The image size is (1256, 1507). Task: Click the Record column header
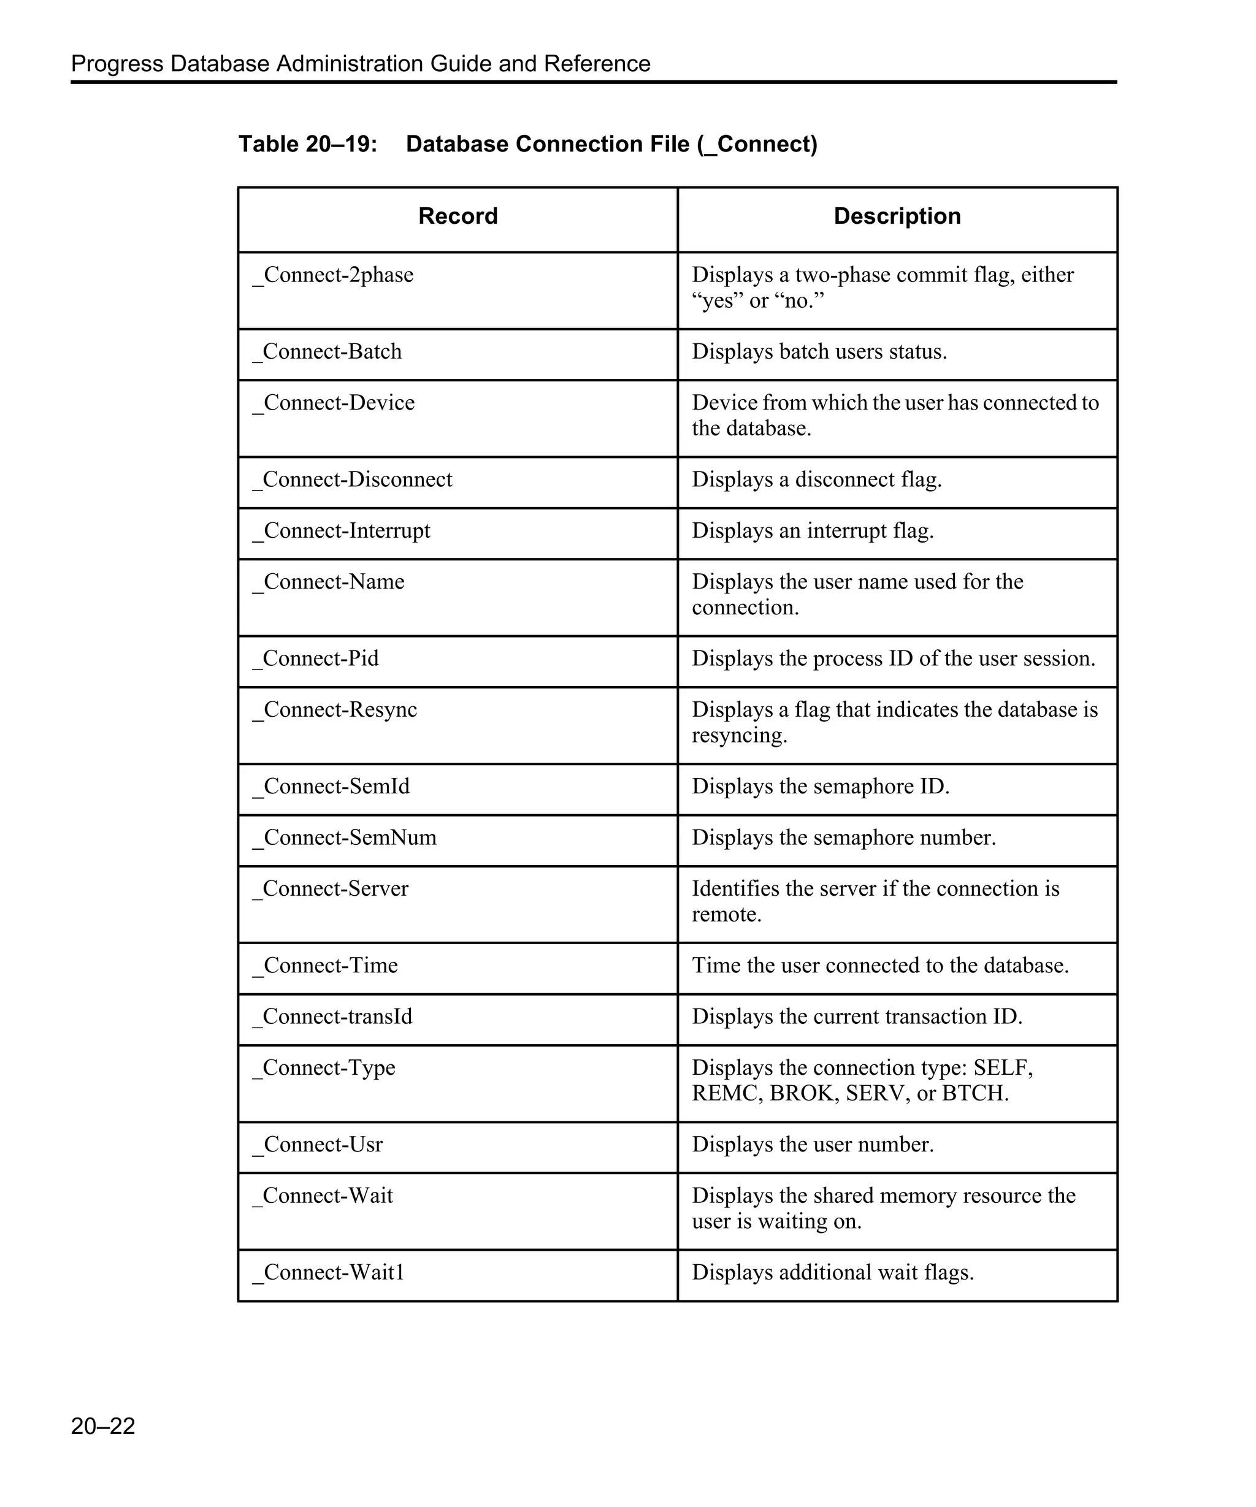click(x=458, y=216)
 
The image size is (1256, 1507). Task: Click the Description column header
click(x=897, y=216)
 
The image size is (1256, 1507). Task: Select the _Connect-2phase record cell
click(x=333, y=275)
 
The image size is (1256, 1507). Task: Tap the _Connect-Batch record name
click(x=327, y=352)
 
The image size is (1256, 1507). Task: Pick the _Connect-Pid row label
click(x=316, y=658)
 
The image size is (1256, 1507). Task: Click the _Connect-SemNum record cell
click(x=345, y=837)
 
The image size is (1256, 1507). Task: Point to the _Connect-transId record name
click(x=332, y=1016)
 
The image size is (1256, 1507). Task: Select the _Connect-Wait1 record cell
click(x=329, y=1272)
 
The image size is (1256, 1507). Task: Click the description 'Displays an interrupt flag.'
click(x=813, y=530)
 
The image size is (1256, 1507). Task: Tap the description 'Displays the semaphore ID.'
click(x=821, y=787)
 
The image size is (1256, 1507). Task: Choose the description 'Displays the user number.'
click(x=813, y=1144)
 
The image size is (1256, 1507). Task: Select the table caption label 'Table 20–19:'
click(x=308, y=144)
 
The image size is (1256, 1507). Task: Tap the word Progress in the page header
click(x=117, y=64)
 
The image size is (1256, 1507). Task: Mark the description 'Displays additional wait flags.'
click(x=833, y=1272)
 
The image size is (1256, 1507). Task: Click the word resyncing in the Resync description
click(x=738, y=736)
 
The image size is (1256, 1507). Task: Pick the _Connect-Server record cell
click(x=330, y=888)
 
